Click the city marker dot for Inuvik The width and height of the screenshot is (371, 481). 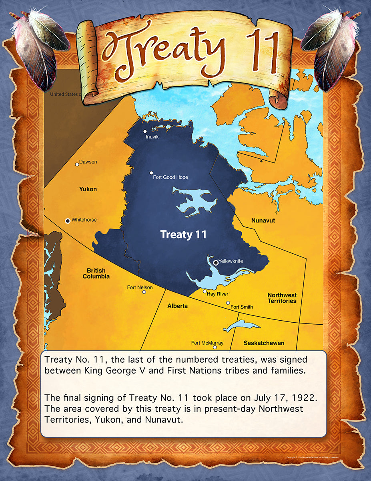145,131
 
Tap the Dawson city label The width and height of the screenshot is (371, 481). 88,162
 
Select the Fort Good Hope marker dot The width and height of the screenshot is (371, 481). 151,173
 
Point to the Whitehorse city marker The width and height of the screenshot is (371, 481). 68,220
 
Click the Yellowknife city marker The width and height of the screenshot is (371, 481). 216,263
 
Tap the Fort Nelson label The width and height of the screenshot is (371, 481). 140,287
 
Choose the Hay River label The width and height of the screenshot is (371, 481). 217,294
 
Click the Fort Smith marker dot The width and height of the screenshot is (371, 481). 228,303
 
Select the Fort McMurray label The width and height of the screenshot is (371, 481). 207,343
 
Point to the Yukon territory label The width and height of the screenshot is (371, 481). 88,189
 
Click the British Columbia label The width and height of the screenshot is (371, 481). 96,273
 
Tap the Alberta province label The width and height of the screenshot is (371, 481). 177,306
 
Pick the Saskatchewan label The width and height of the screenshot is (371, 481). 264,343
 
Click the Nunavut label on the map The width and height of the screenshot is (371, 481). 263,220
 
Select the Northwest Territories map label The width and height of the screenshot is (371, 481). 282,298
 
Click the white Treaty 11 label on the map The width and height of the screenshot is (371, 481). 183,234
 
